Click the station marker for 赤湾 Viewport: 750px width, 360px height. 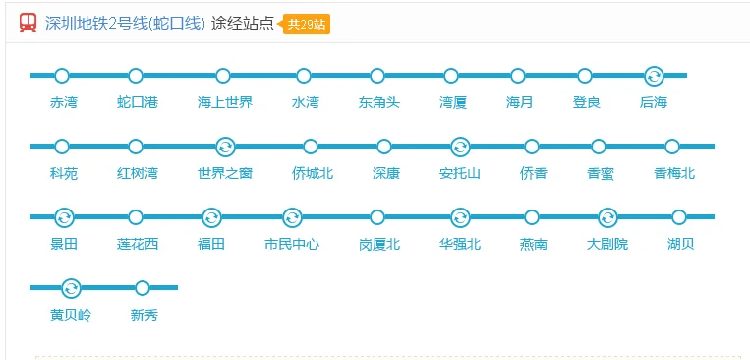(62, 76)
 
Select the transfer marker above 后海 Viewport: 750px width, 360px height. (654, 76)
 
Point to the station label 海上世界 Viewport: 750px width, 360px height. (224, 102)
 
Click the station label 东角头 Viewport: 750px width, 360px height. (378, 102)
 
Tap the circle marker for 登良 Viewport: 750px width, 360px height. (585, 76)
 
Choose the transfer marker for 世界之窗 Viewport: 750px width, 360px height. (225, 147)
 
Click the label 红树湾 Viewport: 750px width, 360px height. (137, 173)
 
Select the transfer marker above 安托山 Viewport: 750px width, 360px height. (459, 147)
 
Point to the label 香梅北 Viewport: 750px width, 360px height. (673, 173)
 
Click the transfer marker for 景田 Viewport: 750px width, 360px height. (64, 217)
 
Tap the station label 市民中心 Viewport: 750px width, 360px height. (292, 244)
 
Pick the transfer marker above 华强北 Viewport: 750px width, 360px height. (459, 217)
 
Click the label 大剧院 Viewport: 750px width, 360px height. (606, 244)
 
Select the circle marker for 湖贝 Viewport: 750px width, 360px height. (679, 217)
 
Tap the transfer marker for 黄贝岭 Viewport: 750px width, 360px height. (71, 288)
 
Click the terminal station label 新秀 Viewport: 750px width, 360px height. (144, 315)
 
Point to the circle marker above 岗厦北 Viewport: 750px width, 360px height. (378, 217)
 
